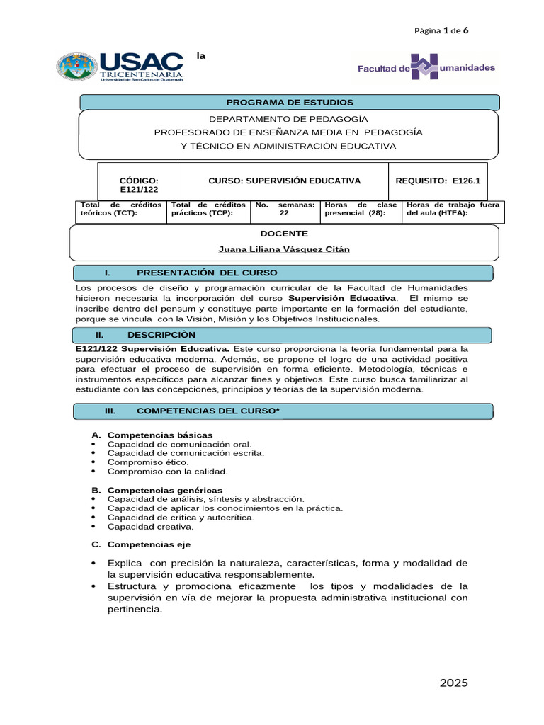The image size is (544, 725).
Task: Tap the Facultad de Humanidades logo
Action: click(426, 68)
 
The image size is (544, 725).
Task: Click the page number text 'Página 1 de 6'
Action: click(441, 30)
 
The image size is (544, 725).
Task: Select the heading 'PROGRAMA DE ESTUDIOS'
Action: click(289, 103)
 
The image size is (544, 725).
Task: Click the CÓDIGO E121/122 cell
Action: click(139, 185)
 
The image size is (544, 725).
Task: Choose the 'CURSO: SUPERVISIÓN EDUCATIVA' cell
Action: click(285, 181)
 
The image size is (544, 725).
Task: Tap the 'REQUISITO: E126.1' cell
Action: click(437, 181)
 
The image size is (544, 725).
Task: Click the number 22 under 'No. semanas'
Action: click(284, 213)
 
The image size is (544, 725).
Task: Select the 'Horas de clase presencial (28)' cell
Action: click(360, 209)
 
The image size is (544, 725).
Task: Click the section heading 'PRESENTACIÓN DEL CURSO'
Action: click(207, 273)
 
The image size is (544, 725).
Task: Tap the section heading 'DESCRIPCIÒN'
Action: click(161, 335)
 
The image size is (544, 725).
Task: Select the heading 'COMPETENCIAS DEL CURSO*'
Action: click(208, 411)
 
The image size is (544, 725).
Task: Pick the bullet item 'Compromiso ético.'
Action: click(147, 462)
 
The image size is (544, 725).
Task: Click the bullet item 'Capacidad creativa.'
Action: click(150, 526)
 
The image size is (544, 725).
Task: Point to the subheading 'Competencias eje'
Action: click(149, 544)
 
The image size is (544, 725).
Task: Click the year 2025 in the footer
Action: click(454, 683)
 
